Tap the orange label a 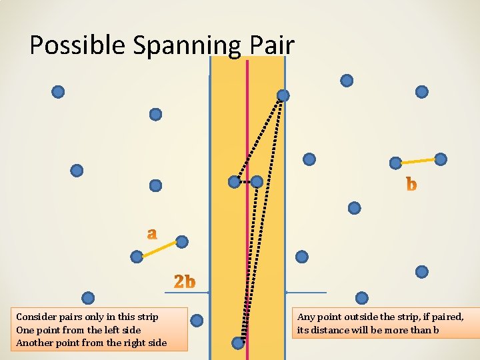pos(153,233)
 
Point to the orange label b pos(411,184)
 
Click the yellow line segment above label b pos(418,161)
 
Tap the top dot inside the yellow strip pos(283,96)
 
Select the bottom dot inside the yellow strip pos(238,343)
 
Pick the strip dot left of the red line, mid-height pos(234,181)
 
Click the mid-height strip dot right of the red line pos(257,181)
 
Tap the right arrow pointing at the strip pos(306,293)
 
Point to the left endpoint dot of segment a pos(137,256)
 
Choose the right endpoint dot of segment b pos(441,159)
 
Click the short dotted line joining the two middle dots pos(245,181)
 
